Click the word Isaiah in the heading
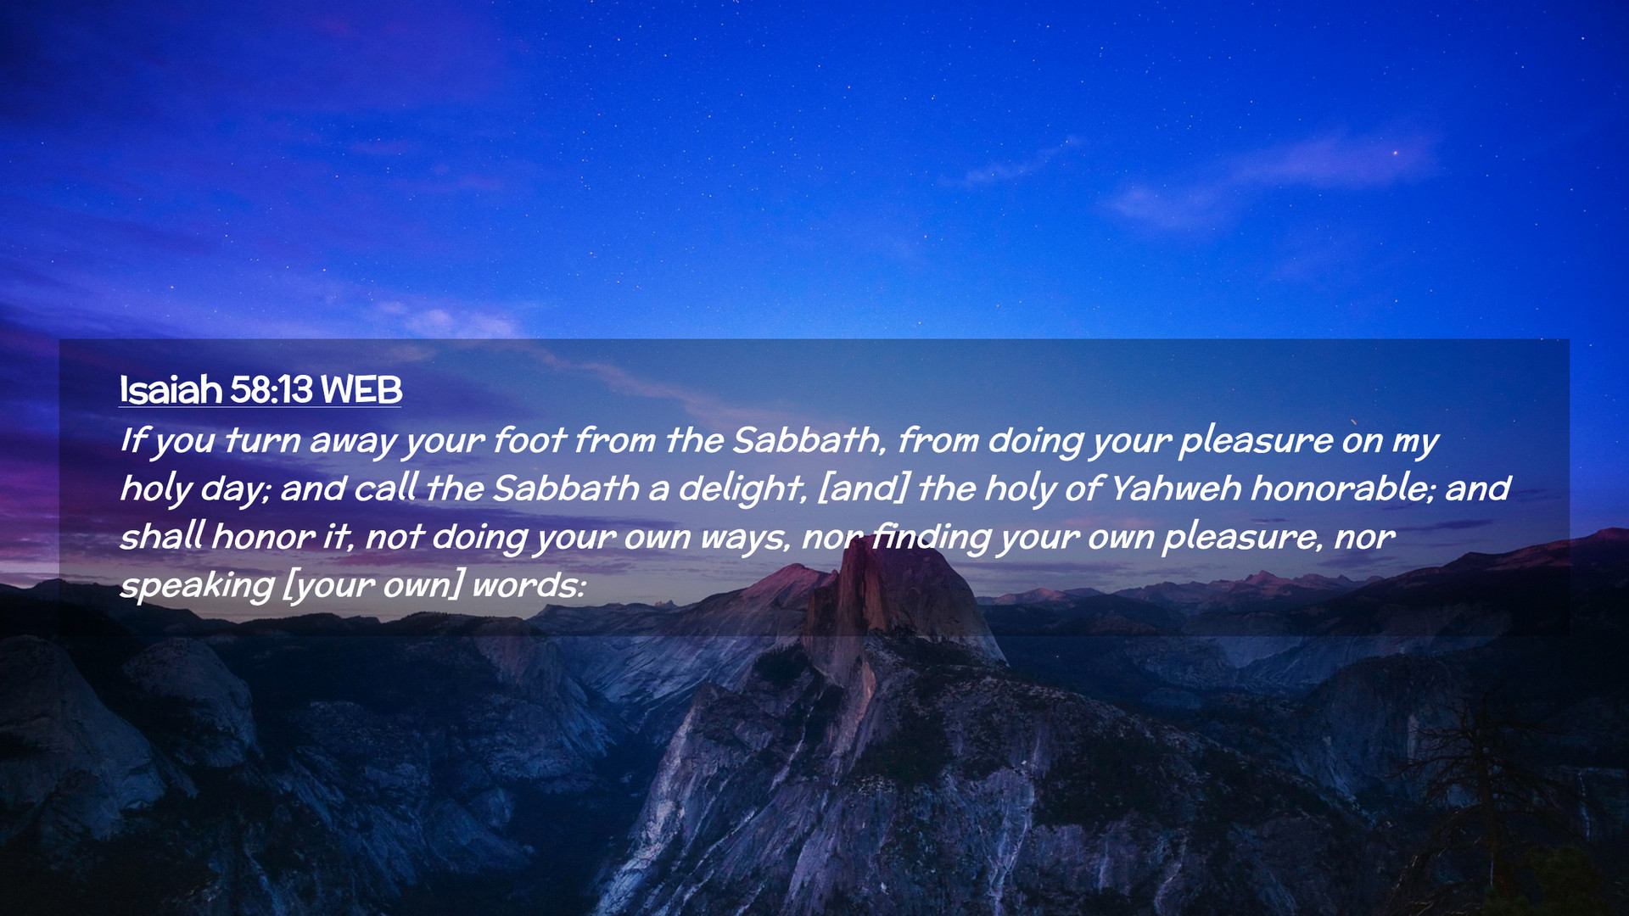pyautogui.click(x=171, y=389)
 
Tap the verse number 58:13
pyautogui.click(x=271, y=389)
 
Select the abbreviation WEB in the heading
pyautogui.click(x=361, y=389)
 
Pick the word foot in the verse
pyautogui.click(x=529, y=439)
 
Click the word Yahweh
pyautogui.click(x=1176, y=488)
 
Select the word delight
pyautogui.click(x=742, y=489)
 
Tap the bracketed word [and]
pyautogui.click(x=862, y=488)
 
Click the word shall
pyautogui.click(x=162, y=536)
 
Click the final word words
pyautogui.click(x=529, y=584)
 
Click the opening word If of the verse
pyautogui.click(x=134, y=439)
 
